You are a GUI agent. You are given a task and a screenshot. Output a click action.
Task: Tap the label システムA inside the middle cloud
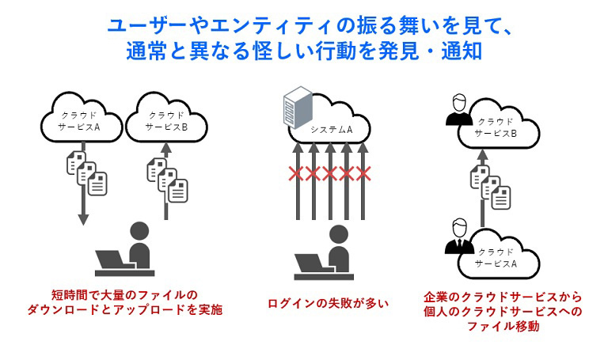331,129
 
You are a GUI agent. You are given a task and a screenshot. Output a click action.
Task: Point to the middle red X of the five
331,173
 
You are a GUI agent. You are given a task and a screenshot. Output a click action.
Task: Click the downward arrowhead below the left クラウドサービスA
82,219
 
